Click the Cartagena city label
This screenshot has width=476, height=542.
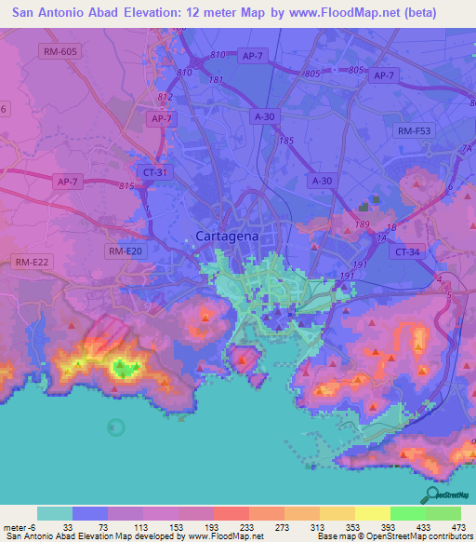[227, 237]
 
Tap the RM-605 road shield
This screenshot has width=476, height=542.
[59, 51]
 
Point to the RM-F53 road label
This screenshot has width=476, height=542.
[416, 130]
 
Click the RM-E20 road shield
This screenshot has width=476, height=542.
[126, 251]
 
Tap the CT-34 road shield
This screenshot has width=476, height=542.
[410, 251]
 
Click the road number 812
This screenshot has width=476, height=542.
[165, 97]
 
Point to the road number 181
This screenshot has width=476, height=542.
[217, 80]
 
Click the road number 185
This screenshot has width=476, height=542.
[285, 141]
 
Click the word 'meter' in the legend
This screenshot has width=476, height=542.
[15, 527]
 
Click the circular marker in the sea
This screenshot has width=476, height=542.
[115, 427]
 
